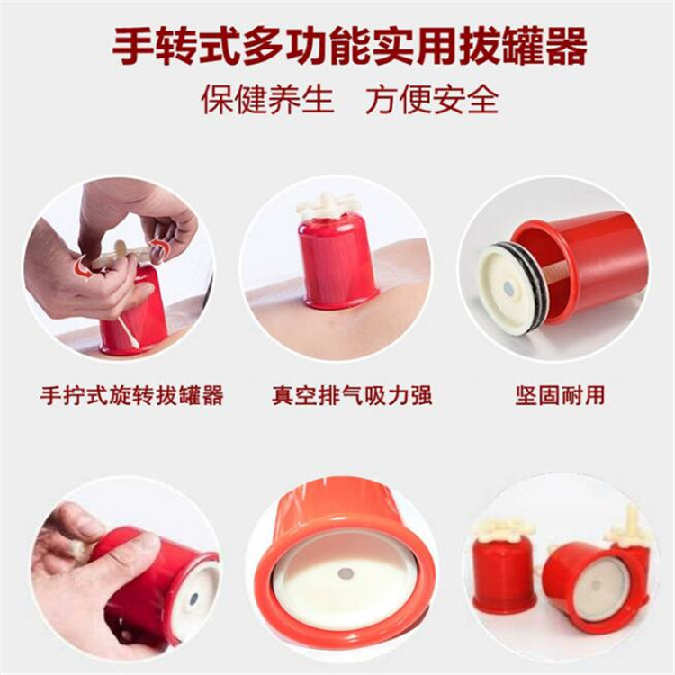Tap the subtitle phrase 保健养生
click(x=267, y=99)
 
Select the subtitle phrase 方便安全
click(x=432, y=99)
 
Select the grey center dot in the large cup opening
click(x=345, y=572)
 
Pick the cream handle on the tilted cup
click(x=630, y=526)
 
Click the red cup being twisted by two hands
click(x=135, y=315)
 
